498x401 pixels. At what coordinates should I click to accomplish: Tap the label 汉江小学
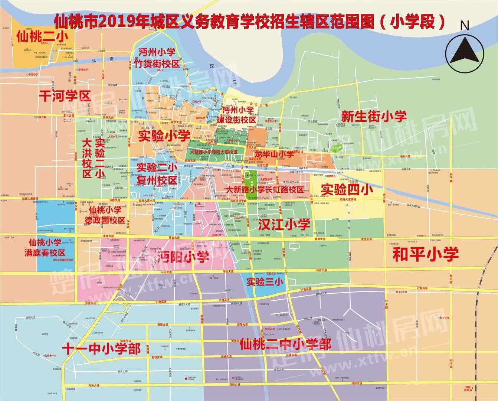284,224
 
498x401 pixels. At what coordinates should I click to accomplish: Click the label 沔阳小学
183,257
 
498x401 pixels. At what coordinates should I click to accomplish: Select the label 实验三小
265,282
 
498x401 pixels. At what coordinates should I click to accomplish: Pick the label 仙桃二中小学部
285,345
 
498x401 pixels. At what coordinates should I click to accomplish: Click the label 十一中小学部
101,349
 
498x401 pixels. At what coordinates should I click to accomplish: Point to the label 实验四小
347,190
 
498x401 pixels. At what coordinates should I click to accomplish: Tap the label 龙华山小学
274,153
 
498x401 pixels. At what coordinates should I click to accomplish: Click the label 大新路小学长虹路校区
266,190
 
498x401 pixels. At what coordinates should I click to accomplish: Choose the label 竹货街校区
157,63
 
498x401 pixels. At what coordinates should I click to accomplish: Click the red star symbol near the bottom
186,379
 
